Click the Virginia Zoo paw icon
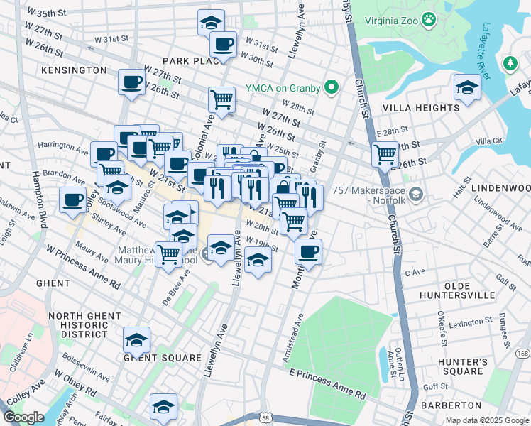[x=429, y=21]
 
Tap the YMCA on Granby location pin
[x=330, y=88]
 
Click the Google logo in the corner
[x=23, y=417]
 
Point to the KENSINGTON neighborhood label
[x=74, y=70]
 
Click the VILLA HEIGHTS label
[x=420, y=108]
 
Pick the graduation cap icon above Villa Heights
[x=466, y=88]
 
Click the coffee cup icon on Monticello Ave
[x=308, y=251]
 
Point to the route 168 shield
[x=522, y=353]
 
